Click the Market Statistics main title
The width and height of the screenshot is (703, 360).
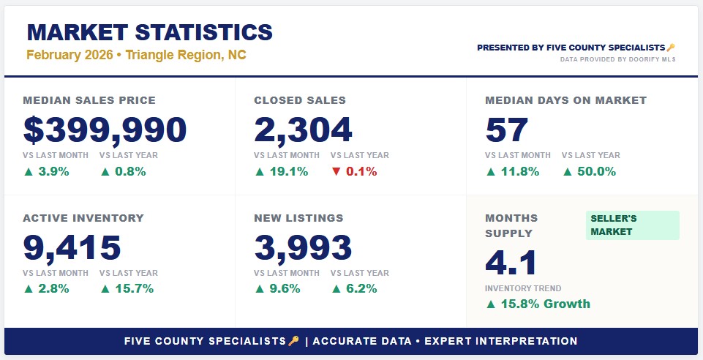click(149, 32)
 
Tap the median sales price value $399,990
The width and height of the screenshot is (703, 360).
click(105, 130)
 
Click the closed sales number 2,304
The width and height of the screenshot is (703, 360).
click(303, 130)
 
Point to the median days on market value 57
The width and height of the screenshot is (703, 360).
click(507, 130)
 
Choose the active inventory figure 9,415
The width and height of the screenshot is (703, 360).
click(72, 247)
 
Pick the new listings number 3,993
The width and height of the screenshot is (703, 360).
click(303, 247)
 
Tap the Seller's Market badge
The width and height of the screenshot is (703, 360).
click(632, 225)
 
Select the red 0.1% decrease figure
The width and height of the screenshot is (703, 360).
click(354, 171)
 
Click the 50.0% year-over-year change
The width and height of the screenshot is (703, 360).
click(589, 171)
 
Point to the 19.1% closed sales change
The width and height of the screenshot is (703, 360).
click(282, 171)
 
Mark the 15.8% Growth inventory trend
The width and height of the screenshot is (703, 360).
click(538, 304)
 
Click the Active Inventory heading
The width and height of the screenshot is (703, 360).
click(83, 218)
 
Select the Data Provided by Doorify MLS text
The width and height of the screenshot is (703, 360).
click(618, 59)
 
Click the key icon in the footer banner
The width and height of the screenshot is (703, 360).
click(294, 341)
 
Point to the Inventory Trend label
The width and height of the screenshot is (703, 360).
click(523, 288)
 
